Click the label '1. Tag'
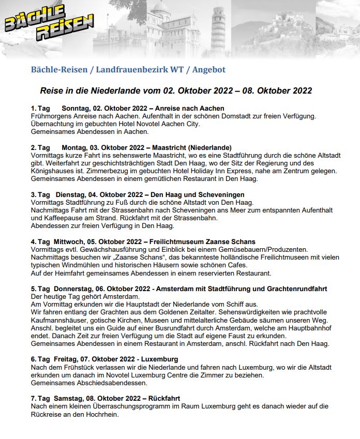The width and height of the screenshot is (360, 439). (40, 109)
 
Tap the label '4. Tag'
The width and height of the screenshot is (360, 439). (40, 242)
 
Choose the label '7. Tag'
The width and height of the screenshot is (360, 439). (40, 399)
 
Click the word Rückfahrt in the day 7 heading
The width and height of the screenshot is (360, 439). (163, 399)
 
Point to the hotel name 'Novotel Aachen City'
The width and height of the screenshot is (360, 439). (165, 124)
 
